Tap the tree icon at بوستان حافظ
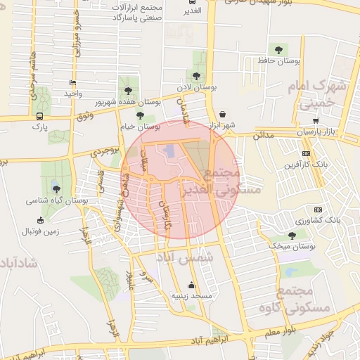pyautogui.click(x=279, y=50)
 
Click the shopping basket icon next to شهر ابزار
pyautogui.click(x=223, y=113)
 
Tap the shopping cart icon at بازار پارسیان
pyautogui.click(x=316, y=120)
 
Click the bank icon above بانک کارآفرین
pyautogui.click(x=306, y=153)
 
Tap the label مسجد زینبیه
pyautogui.click(x=192, y=296)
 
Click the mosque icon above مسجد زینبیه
pyautogui.click(x=192, y=285)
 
